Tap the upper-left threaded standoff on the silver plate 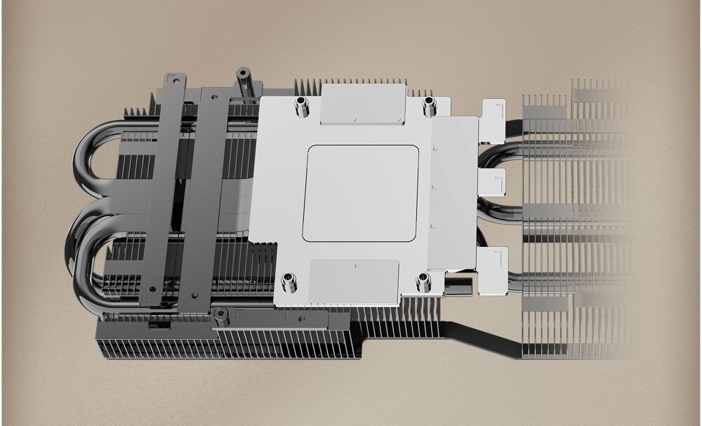(x=303, y=107)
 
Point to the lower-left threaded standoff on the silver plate (x=288, y=283)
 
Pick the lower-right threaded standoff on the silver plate (x=423, y=281)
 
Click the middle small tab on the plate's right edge (x=494, y=184)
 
